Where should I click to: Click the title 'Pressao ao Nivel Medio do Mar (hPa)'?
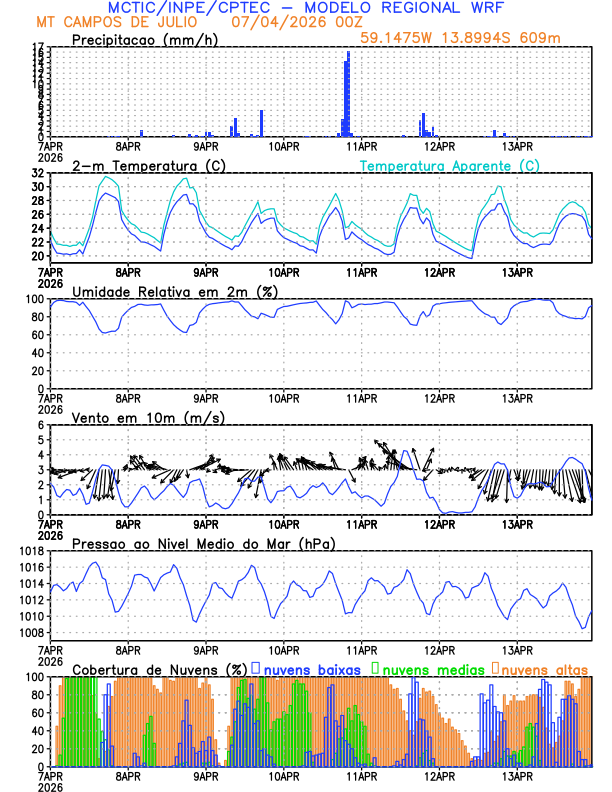(x=204, y=544)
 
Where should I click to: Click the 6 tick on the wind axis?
(x=41, y=425)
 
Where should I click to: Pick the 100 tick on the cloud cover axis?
(x=35, y=677)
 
